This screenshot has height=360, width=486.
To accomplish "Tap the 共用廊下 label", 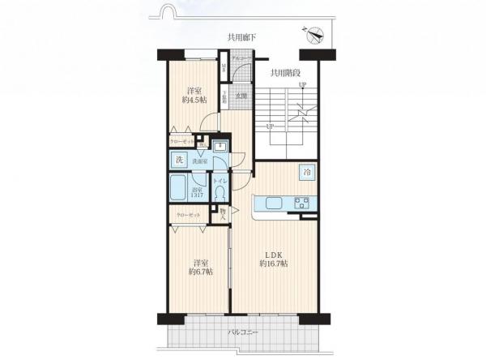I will [x=242, y=37].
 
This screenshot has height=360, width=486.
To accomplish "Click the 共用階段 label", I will [x=286, y=72].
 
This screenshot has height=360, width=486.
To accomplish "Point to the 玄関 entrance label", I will [x=241, y=96].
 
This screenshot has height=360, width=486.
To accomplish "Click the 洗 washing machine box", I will [x=181, y=160].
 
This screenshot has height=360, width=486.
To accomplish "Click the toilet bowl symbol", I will [x=219, y=196].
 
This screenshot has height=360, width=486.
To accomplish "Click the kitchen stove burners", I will [x=301, y=203].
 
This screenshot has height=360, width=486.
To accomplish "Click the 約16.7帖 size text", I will [x=274, y=264].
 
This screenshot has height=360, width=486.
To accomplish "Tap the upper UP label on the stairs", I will [x=302, y=85].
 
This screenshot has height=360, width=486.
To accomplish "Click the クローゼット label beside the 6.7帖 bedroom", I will [x=189, y=215].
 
